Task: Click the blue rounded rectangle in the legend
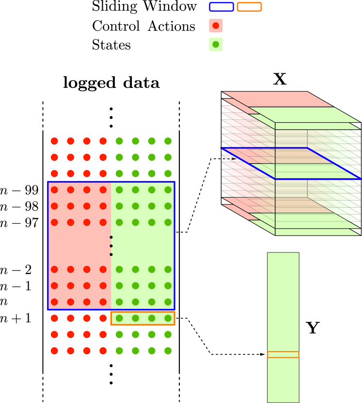pos(221,7)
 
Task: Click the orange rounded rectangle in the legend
pos(249,7)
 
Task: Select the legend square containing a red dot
pos(216,25)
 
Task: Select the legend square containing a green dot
pos(216,44)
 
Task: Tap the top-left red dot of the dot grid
pos(54,141)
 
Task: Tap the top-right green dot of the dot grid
pos(168,141)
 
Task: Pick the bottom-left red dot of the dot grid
pos(54,351)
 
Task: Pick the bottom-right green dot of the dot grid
pos(168,351)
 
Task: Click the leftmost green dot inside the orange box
pos(119,318)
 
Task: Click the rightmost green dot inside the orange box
pos(168,318)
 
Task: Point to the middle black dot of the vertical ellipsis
pos(111,246)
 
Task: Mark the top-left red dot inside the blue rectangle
pos(54,190)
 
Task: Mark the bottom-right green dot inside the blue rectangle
pos(168,302)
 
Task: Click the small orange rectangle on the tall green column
pos(283,354)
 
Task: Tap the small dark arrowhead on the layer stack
pos(233,159)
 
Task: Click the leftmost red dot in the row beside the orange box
pos(54,318)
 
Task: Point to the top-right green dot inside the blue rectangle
pos(168,190)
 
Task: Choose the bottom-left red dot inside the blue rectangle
pos(54,302)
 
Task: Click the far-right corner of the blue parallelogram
pos(360,179)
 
